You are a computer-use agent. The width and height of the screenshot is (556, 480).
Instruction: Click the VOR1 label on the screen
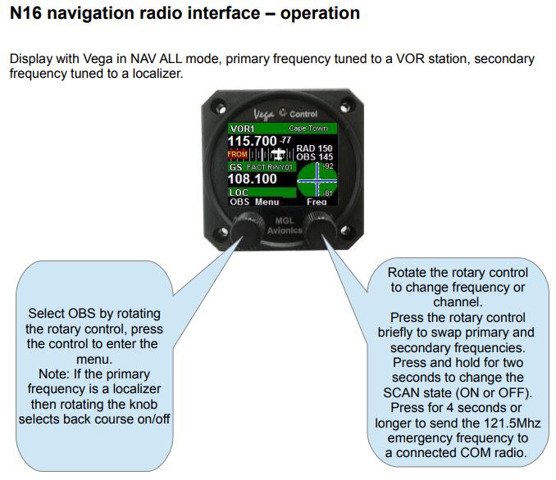[244, 129]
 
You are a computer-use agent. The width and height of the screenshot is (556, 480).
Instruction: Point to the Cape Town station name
[308, 129]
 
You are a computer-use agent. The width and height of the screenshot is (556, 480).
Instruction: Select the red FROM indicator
[238, 154]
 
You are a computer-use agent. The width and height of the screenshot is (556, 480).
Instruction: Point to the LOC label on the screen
[239, 192]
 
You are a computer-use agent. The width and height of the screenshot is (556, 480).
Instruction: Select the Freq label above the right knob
[317, 201]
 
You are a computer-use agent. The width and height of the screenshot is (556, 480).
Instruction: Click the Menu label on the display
[267, 201]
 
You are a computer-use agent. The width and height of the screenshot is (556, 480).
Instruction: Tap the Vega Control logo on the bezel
[287, 114]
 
